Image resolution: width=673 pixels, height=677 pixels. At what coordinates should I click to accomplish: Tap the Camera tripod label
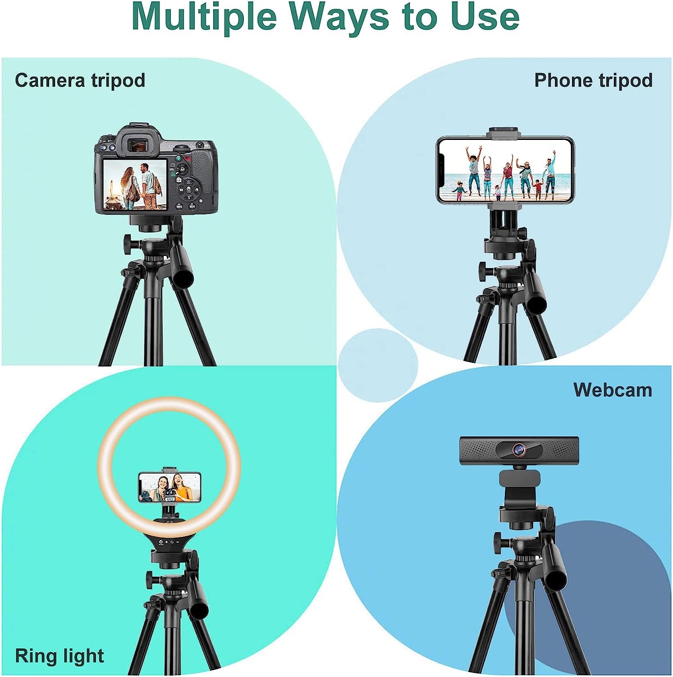(80, 80)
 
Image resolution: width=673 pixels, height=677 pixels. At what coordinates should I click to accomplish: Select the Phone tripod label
(593, 80)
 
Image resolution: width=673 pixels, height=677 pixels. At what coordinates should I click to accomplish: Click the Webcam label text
(613, 390)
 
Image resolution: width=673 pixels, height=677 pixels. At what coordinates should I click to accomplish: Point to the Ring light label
(60, 655)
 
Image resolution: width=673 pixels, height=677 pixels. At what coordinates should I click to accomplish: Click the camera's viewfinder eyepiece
(136, 145)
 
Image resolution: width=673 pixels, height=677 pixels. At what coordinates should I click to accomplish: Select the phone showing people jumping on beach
(505, 171)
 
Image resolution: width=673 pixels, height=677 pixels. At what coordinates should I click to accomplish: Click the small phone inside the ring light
(169, 487)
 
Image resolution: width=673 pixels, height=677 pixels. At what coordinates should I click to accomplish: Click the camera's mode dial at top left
(107, 138)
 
